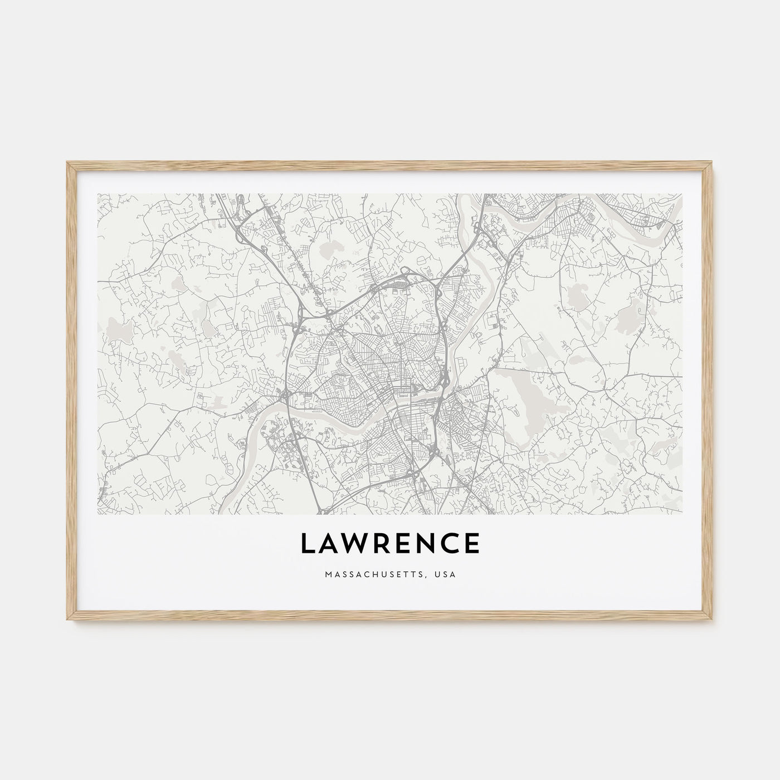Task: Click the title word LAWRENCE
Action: (x=390, y=544)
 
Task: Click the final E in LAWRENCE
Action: (x=472, y=544)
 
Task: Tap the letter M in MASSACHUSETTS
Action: (x=327, y=573)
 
